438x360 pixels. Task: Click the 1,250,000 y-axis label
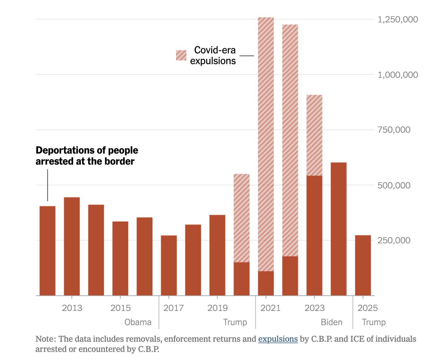397,19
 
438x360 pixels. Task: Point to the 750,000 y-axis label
394,130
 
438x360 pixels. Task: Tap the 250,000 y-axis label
394,240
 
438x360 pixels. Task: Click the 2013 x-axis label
72,308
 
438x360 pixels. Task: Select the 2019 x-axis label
218,308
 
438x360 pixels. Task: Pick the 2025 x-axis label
368,308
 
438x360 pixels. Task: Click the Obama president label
138,322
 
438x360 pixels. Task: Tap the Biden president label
332,322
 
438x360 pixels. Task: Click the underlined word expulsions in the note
278,339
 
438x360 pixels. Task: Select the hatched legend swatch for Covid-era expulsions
181,55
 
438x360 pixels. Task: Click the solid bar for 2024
339,229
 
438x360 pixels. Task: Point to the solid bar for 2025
363,266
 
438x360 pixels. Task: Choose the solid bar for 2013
72,247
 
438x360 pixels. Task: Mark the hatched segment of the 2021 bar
266,145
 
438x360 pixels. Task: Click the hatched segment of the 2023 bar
314,135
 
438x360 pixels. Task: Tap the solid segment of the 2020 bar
242,279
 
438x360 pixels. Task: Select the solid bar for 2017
169,266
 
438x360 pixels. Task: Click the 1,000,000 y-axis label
397,75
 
